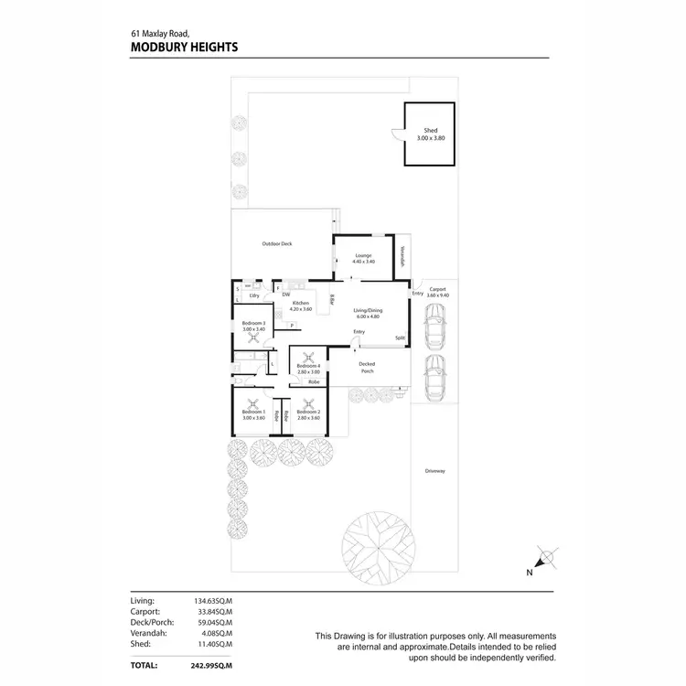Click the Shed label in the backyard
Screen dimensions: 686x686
click(x=430, y=131)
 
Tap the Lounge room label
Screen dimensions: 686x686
click(x=364, y=256)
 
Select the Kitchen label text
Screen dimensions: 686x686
click(x=301, y=303)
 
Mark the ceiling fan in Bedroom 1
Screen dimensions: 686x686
click(x=253, y=403)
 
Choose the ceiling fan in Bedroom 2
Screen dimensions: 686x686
click(x=309, y=403)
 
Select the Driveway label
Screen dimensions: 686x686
click(x=434, y=471)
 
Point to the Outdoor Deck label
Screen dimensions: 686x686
click(x=276, y=243)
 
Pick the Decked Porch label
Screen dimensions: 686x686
click(x=368, y=368)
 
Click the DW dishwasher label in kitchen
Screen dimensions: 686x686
click(x=286, y=295)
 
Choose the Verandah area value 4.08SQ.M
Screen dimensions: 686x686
click(x=217, y=632)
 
